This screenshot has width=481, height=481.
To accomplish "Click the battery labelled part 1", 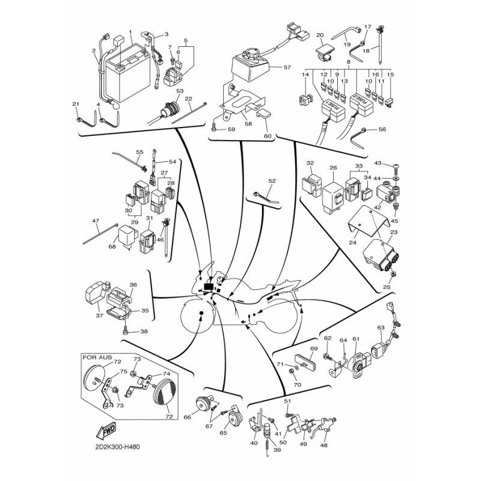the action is pos(128,73).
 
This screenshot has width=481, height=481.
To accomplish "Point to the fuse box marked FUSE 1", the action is pos(332,111).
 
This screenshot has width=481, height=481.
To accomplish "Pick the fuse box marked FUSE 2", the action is pos(361,104).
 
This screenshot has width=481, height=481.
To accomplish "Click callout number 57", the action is pos(287,67).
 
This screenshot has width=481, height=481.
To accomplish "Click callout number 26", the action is pos(333,168).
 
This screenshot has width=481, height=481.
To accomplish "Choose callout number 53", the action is pos(180,91).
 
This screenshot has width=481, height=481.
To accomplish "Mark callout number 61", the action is pos(356,339).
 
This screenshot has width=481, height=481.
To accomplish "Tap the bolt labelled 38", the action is pos(126,331).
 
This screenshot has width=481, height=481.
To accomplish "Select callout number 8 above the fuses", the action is pos(348,63).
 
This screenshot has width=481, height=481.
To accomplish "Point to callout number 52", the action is pos(272,182).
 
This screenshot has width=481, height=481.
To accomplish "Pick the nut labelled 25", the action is pos(393,274).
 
